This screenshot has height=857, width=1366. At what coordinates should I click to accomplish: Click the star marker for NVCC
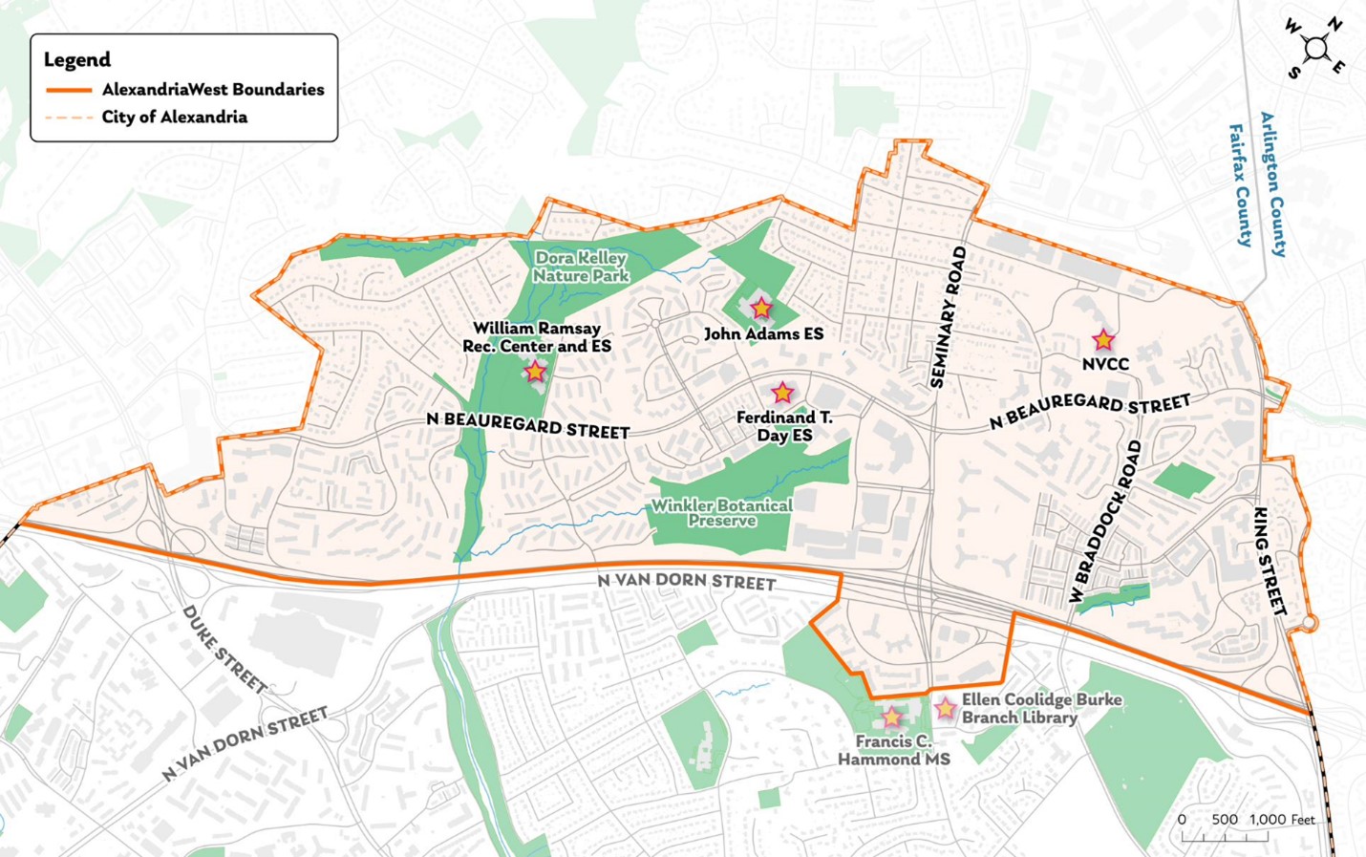pos(1103,340)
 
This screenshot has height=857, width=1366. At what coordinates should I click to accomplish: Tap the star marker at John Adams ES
pos(760,309)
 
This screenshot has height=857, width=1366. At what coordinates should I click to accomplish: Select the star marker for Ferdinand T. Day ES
pos(782,393)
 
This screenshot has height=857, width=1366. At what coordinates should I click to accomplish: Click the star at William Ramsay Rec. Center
pos(535,371)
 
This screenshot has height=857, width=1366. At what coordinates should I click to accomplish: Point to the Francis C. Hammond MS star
pos(891,717)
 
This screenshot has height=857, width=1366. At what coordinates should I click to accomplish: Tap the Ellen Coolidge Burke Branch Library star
pos(945,708)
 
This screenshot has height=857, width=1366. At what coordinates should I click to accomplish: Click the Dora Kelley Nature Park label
pos(581,267)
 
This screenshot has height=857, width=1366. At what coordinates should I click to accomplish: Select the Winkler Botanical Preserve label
pos(722,513)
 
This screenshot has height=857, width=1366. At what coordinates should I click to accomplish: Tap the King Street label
pos(1270,561)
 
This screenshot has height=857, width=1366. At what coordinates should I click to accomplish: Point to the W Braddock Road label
pos(1105,522)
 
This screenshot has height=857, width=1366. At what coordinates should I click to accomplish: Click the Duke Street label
pos(224,649)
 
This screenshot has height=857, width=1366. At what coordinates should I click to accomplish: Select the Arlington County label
pos(1273,184)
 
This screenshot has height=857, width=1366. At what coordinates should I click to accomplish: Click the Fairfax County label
pos(1240,185)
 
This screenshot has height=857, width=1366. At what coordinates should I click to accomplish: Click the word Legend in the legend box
pos(77,59)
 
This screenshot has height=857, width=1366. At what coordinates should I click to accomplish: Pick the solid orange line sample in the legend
pos(69,90)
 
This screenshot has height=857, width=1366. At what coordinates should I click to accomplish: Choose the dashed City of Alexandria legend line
pos(69,118)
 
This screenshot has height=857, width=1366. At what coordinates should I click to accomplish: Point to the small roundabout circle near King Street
pos(1310,623)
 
